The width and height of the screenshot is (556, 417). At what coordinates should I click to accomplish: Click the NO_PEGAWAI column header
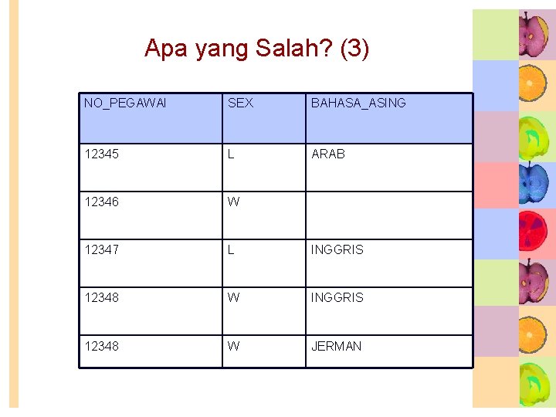[x=125, y=103]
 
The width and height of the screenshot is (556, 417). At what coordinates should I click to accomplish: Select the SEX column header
[x=240, y=103]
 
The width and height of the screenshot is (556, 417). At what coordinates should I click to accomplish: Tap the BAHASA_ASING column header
[x=358, y=103]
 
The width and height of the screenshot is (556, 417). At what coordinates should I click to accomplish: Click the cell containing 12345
[x=102, y=154]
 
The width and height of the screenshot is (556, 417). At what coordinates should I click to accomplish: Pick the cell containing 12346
[x=102, y=202]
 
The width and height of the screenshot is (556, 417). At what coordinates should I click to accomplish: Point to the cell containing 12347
[x=102, y=249]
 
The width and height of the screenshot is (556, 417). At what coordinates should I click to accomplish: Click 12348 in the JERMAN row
[x=102, y=346]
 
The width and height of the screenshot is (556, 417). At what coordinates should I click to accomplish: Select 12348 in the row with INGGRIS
[x=102, y=297]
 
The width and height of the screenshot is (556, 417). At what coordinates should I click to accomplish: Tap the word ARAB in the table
[x=328, y=154]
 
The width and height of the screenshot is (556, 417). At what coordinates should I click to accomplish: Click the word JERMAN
[x=336, y=346]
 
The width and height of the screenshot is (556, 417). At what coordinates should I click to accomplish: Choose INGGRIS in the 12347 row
[x=337, y=249]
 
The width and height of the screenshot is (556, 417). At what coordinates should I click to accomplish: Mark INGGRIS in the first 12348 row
[x=337, y=297]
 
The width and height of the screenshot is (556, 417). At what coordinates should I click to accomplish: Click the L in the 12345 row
[x=231, y=154]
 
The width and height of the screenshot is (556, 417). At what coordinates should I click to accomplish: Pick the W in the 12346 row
[x=233, y=202]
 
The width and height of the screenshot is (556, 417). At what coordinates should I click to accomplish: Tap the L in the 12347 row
[x=231, y=249]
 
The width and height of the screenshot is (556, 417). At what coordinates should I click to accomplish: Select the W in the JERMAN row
[x=233, y=346]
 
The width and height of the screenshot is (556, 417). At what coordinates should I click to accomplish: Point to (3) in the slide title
[x=354, y=49]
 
